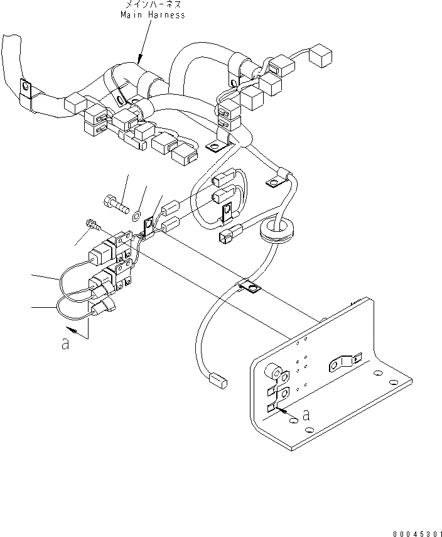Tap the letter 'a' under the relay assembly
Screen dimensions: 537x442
[65, 345]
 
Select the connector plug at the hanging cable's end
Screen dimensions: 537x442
[215, 379]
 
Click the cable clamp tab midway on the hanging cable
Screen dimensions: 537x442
[250, 288]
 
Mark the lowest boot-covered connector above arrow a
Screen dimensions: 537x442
[102, 306]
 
